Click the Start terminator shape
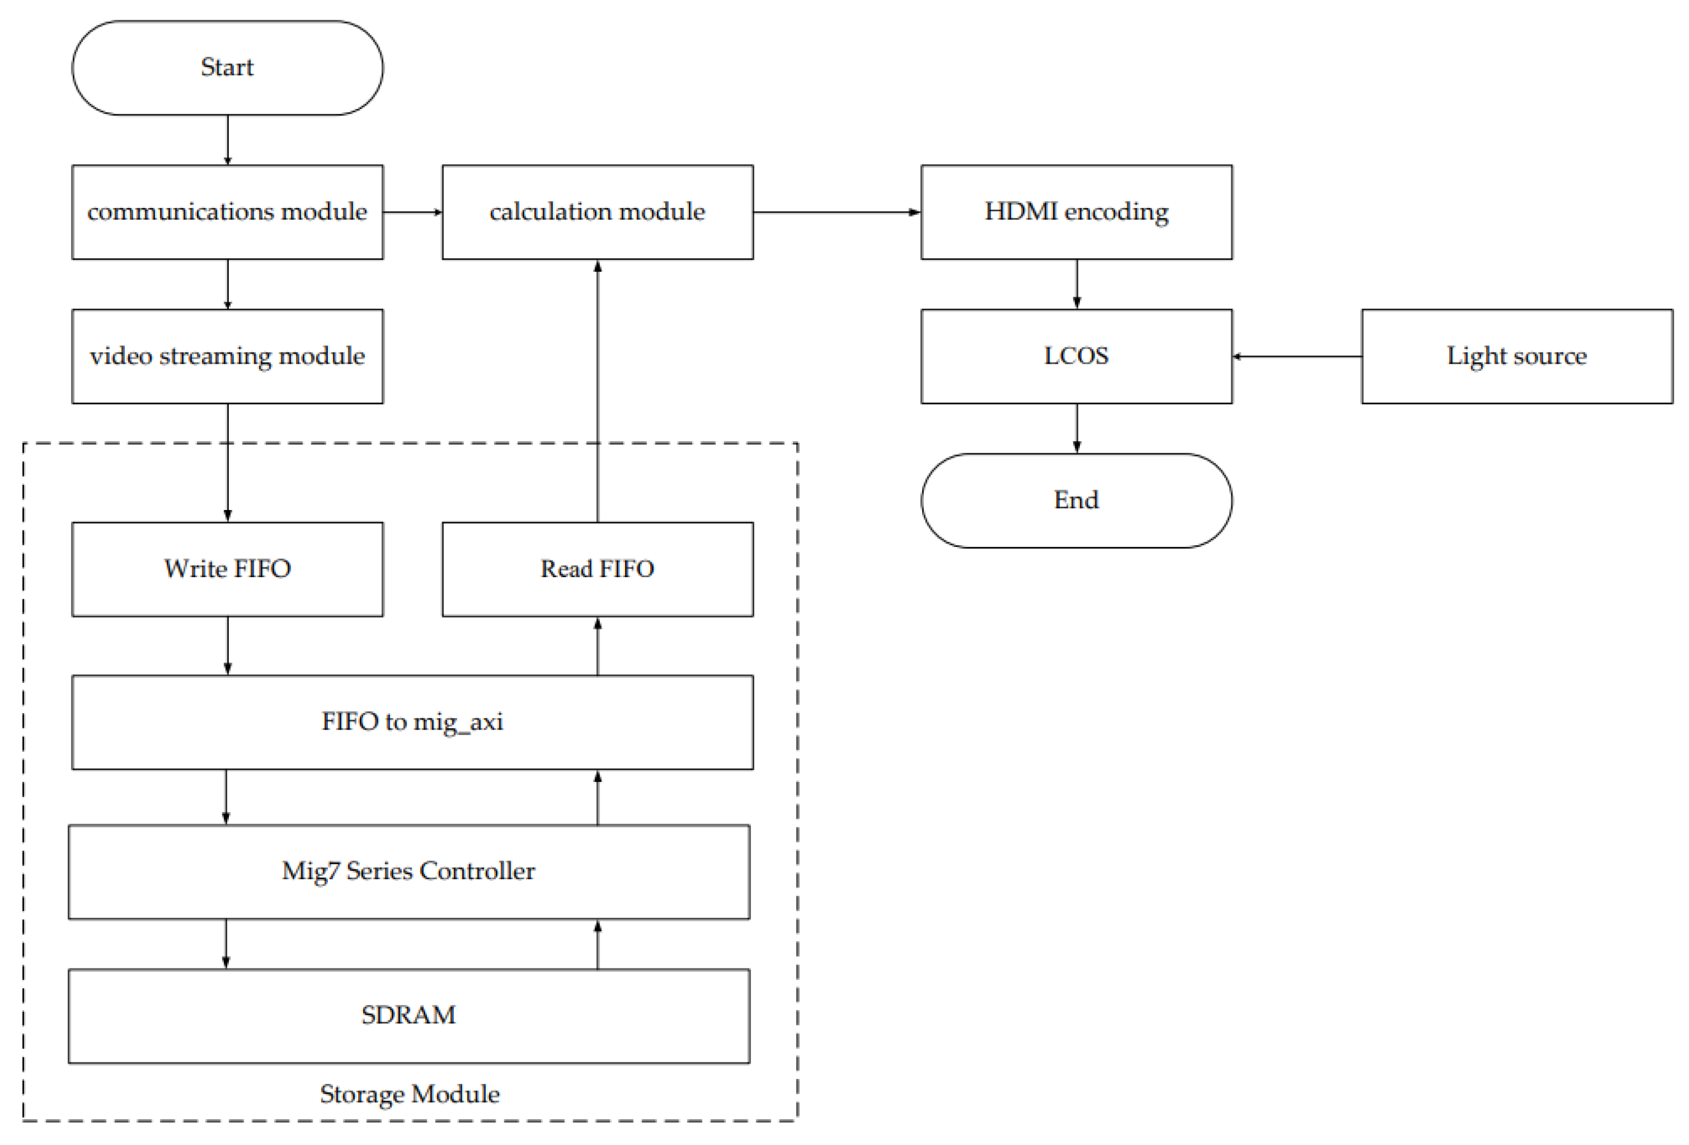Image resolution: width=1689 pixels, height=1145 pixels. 227,68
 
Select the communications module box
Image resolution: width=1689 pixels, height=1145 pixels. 227,211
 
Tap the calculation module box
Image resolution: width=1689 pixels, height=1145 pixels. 597,211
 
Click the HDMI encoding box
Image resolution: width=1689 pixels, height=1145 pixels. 1076,211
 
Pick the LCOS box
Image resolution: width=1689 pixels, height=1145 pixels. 1076,356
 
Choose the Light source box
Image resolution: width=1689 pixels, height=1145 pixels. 1517,356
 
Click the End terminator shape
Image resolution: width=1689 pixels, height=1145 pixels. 1076,500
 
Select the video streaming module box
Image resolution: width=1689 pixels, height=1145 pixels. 227,356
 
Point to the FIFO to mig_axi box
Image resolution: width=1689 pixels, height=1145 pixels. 412,722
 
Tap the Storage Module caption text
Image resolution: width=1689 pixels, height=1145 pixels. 409,1094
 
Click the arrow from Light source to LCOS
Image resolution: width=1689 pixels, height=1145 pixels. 1297,356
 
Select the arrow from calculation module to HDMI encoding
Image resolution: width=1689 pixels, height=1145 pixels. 836,212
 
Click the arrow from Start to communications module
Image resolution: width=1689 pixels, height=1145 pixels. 227,140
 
